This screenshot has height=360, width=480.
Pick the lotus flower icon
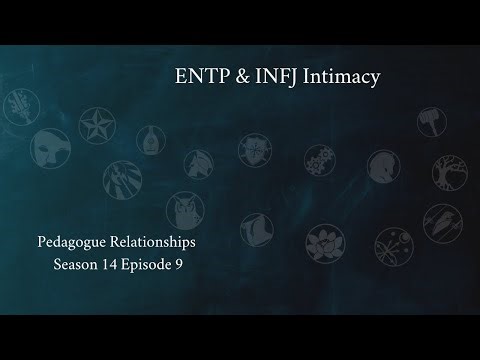point(322,245)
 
